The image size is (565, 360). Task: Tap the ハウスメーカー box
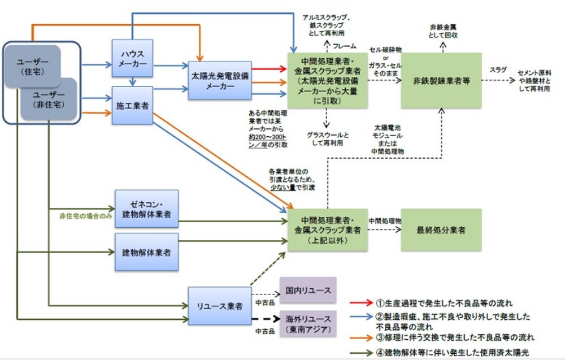(x=132, y=58)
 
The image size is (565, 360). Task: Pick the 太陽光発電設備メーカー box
(x=220, y=81)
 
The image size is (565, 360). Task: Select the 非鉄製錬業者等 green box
(x=441, y=80)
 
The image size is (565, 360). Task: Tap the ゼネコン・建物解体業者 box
(x=146, y=209)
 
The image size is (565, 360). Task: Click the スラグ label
(x=498, y=70)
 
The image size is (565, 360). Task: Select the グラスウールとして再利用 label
(x=328, y=139)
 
